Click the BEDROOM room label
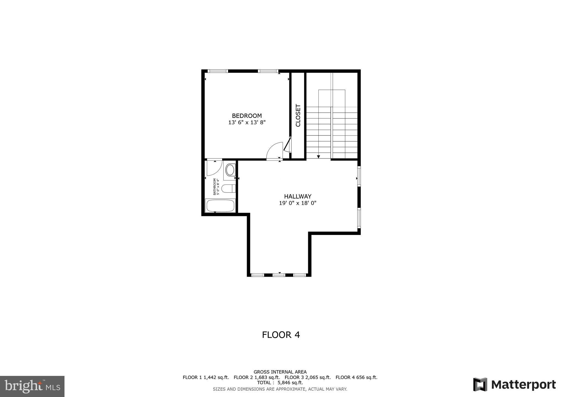pyautogui.click(x=247, y=116)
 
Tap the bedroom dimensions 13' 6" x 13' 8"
pyautogui.click(x=247, y=122)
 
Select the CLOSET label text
pyautogui.click(x=298, y=115)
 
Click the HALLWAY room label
pyautogui.click(x=297, y=196)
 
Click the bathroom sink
pyautogui.click(x=230, y=170)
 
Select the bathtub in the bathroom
pyautogui.click(x=220, y=206)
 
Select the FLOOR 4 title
pyautogui.click(x=281, y=335)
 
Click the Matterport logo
pyautogui.click(x=515, y=385)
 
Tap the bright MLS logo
pyautogui.click(x=32, y=386)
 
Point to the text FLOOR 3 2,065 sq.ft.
pyautogui.click(x=308, y=377)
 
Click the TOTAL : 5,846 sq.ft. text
pyautogui.click(x=280, y=382)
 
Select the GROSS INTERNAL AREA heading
pyautogui.click(x=280, y=372)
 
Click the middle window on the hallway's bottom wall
pyautogui.click(x=279, y=275)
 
